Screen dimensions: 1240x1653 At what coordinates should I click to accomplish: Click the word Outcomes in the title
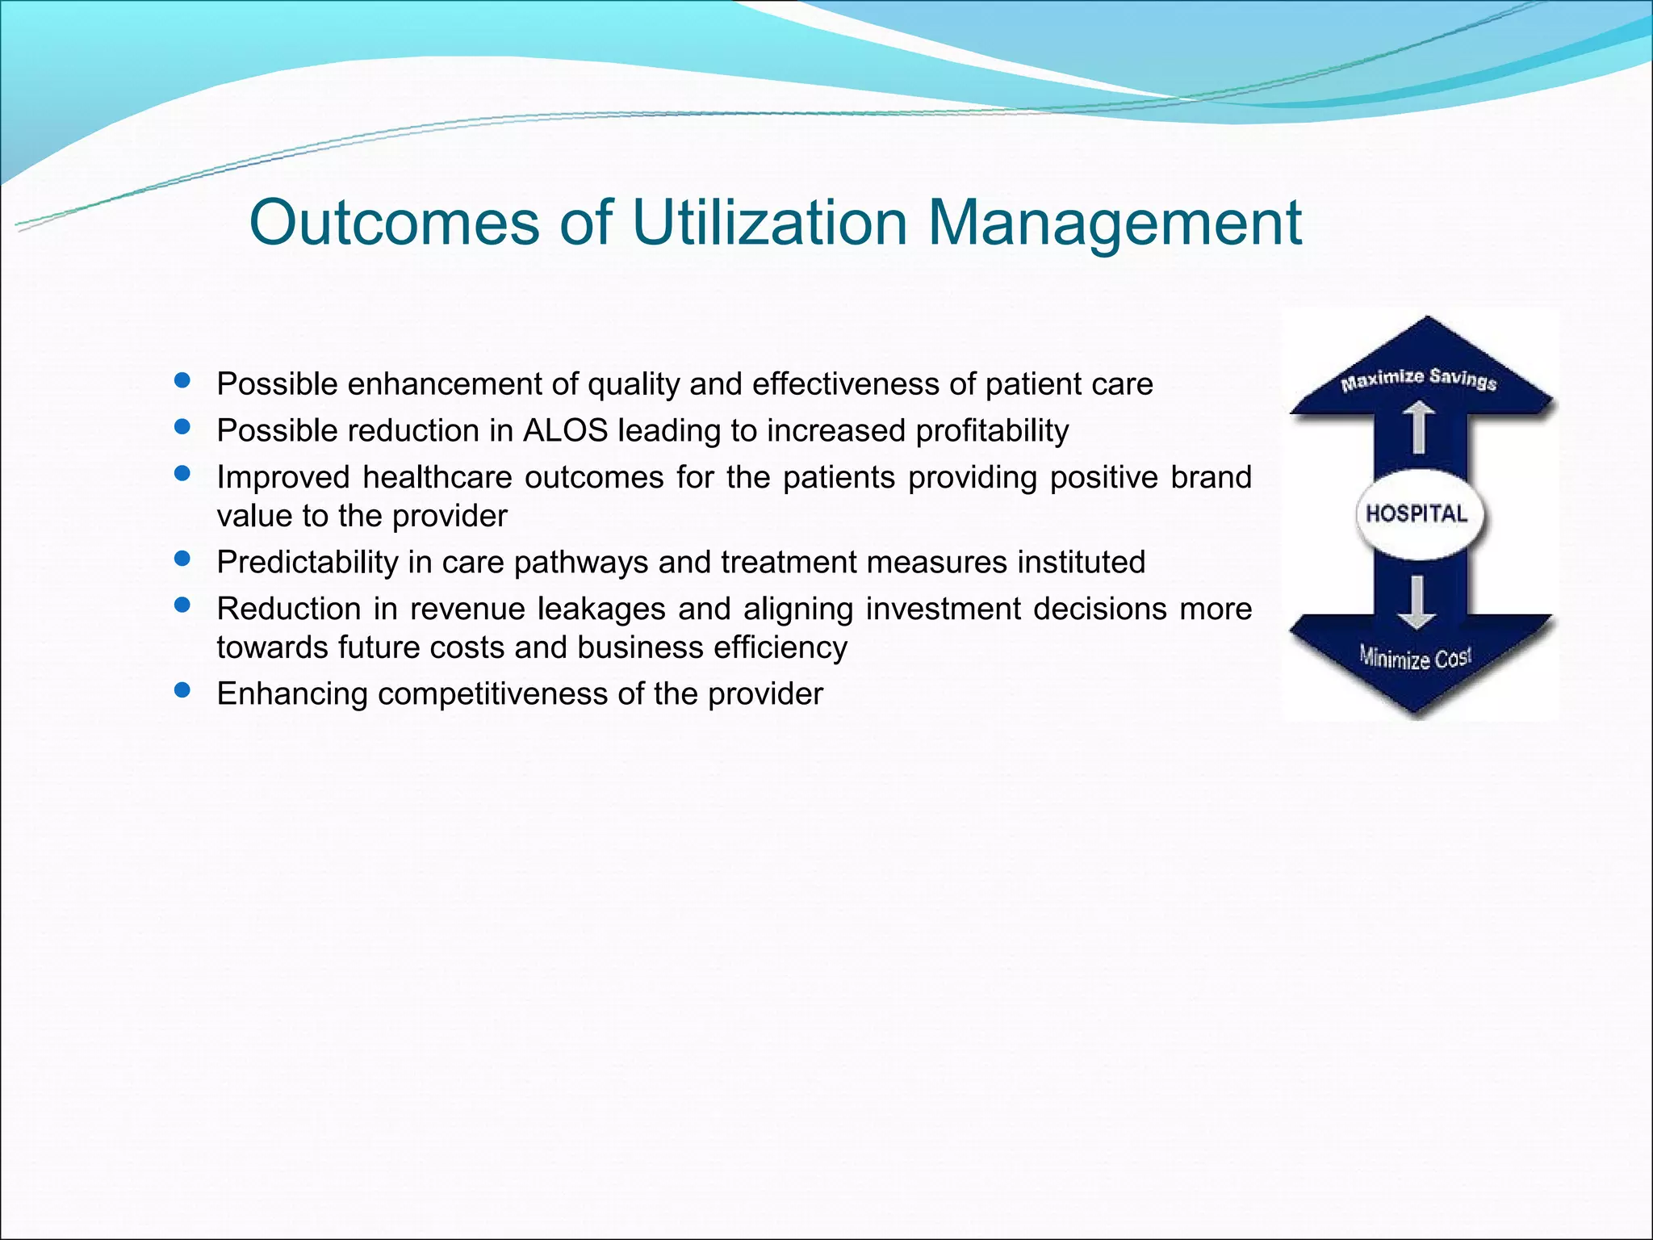395,222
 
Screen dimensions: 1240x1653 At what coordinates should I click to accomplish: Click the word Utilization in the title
769,222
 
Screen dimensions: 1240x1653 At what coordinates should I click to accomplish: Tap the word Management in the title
1114,224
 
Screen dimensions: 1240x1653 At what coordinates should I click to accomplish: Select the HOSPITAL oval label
1417,514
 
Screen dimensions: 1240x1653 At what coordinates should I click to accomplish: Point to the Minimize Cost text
1415,658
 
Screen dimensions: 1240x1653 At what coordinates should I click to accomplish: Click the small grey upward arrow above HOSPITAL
1417,428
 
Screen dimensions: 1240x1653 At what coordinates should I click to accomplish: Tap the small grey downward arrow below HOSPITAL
1417,601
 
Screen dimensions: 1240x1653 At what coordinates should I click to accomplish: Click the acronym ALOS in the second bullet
565,430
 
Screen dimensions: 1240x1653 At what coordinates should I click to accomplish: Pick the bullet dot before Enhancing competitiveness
182,690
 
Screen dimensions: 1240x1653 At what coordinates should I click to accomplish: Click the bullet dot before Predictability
182,559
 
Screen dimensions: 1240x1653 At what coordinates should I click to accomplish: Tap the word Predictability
307,563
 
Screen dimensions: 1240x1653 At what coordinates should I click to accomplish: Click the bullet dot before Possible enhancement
182,380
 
